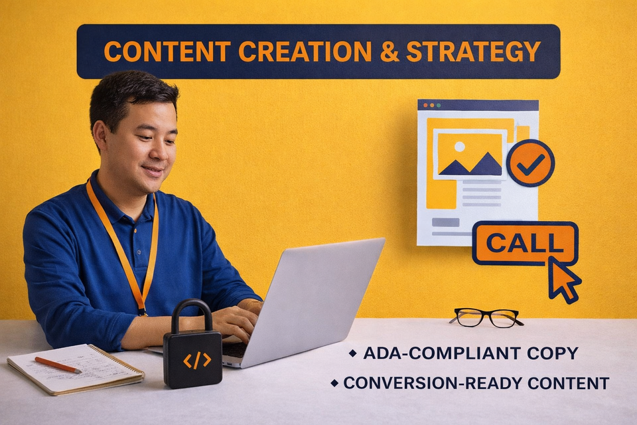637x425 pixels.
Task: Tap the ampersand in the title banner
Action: click(x=388, y=52)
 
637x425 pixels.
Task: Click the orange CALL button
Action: click(x=524, y=243)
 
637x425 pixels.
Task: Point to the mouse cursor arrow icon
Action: click(x=563, y=278)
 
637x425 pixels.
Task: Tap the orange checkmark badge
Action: click(x=530, y=163)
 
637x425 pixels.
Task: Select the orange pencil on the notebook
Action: click(x=58, y=365)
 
